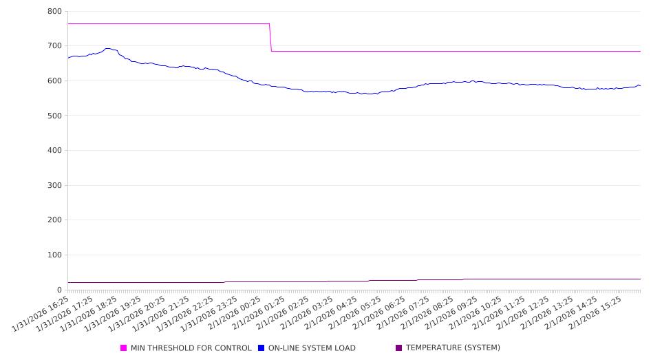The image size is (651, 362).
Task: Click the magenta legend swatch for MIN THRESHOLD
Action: pyautogui.click(x=124, y=348)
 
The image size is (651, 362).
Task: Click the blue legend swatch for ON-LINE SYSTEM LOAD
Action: pyautogui.click(x=262, y=348)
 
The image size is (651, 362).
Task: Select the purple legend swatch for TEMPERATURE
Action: pyautogui.click(x=399, y=348)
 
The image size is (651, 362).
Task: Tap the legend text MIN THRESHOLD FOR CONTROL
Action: pyautogui.click(x=191, y=348)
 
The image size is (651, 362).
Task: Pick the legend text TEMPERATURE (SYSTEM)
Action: pyautogui.click(x=453, y=348)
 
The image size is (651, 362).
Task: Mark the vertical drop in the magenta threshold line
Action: pyautogui.click(x=270, y=38)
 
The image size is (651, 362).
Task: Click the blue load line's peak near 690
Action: pyautogui.click(x=107, y=49)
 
